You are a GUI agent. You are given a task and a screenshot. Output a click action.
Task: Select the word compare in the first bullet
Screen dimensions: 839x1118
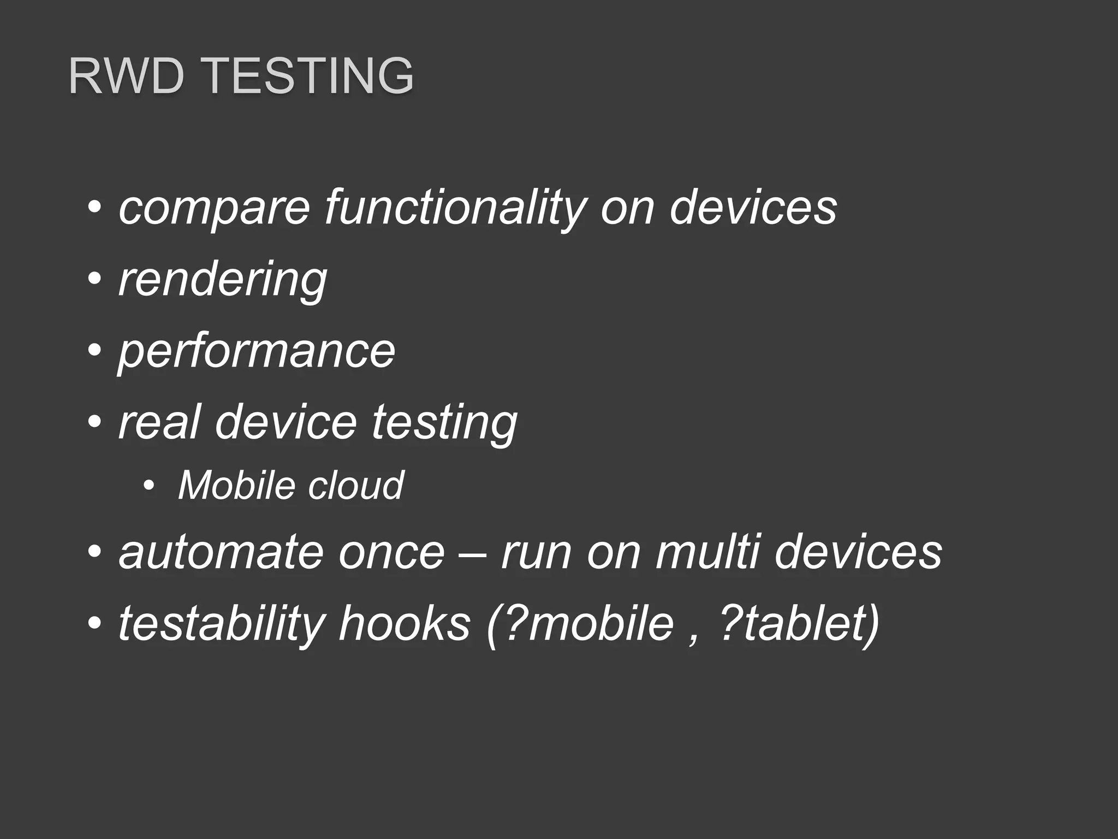point(214,208)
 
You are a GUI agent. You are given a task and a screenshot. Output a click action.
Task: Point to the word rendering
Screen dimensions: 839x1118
point(223,280)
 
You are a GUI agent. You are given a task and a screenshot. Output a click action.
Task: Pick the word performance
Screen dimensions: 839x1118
point(257,351)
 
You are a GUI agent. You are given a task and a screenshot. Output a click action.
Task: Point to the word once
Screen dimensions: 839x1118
point(391,553)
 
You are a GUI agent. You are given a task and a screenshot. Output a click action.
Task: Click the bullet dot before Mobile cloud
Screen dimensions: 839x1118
point(148,485)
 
